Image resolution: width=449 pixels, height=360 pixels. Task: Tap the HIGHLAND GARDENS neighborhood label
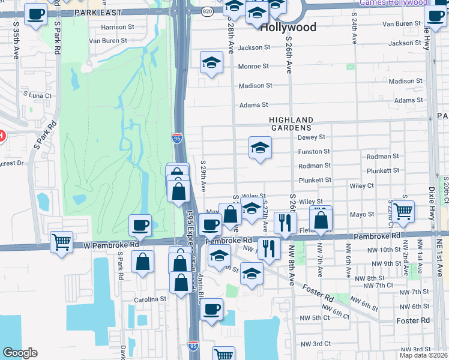[291, 124]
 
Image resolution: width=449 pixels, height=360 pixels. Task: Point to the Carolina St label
[150, 299]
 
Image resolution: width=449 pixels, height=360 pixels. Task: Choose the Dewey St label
[311, 137]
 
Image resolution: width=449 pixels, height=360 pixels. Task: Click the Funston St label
[314, 152]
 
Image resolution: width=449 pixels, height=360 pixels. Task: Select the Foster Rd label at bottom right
[414, 320]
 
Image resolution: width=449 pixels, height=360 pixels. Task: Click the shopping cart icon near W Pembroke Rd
[62, 242]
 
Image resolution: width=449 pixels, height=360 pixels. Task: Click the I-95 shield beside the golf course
[178, 137]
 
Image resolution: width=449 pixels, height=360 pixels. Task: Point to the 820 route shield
[207, 10]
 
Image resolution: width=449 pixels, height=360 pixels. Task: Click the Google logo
[20, 353]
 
